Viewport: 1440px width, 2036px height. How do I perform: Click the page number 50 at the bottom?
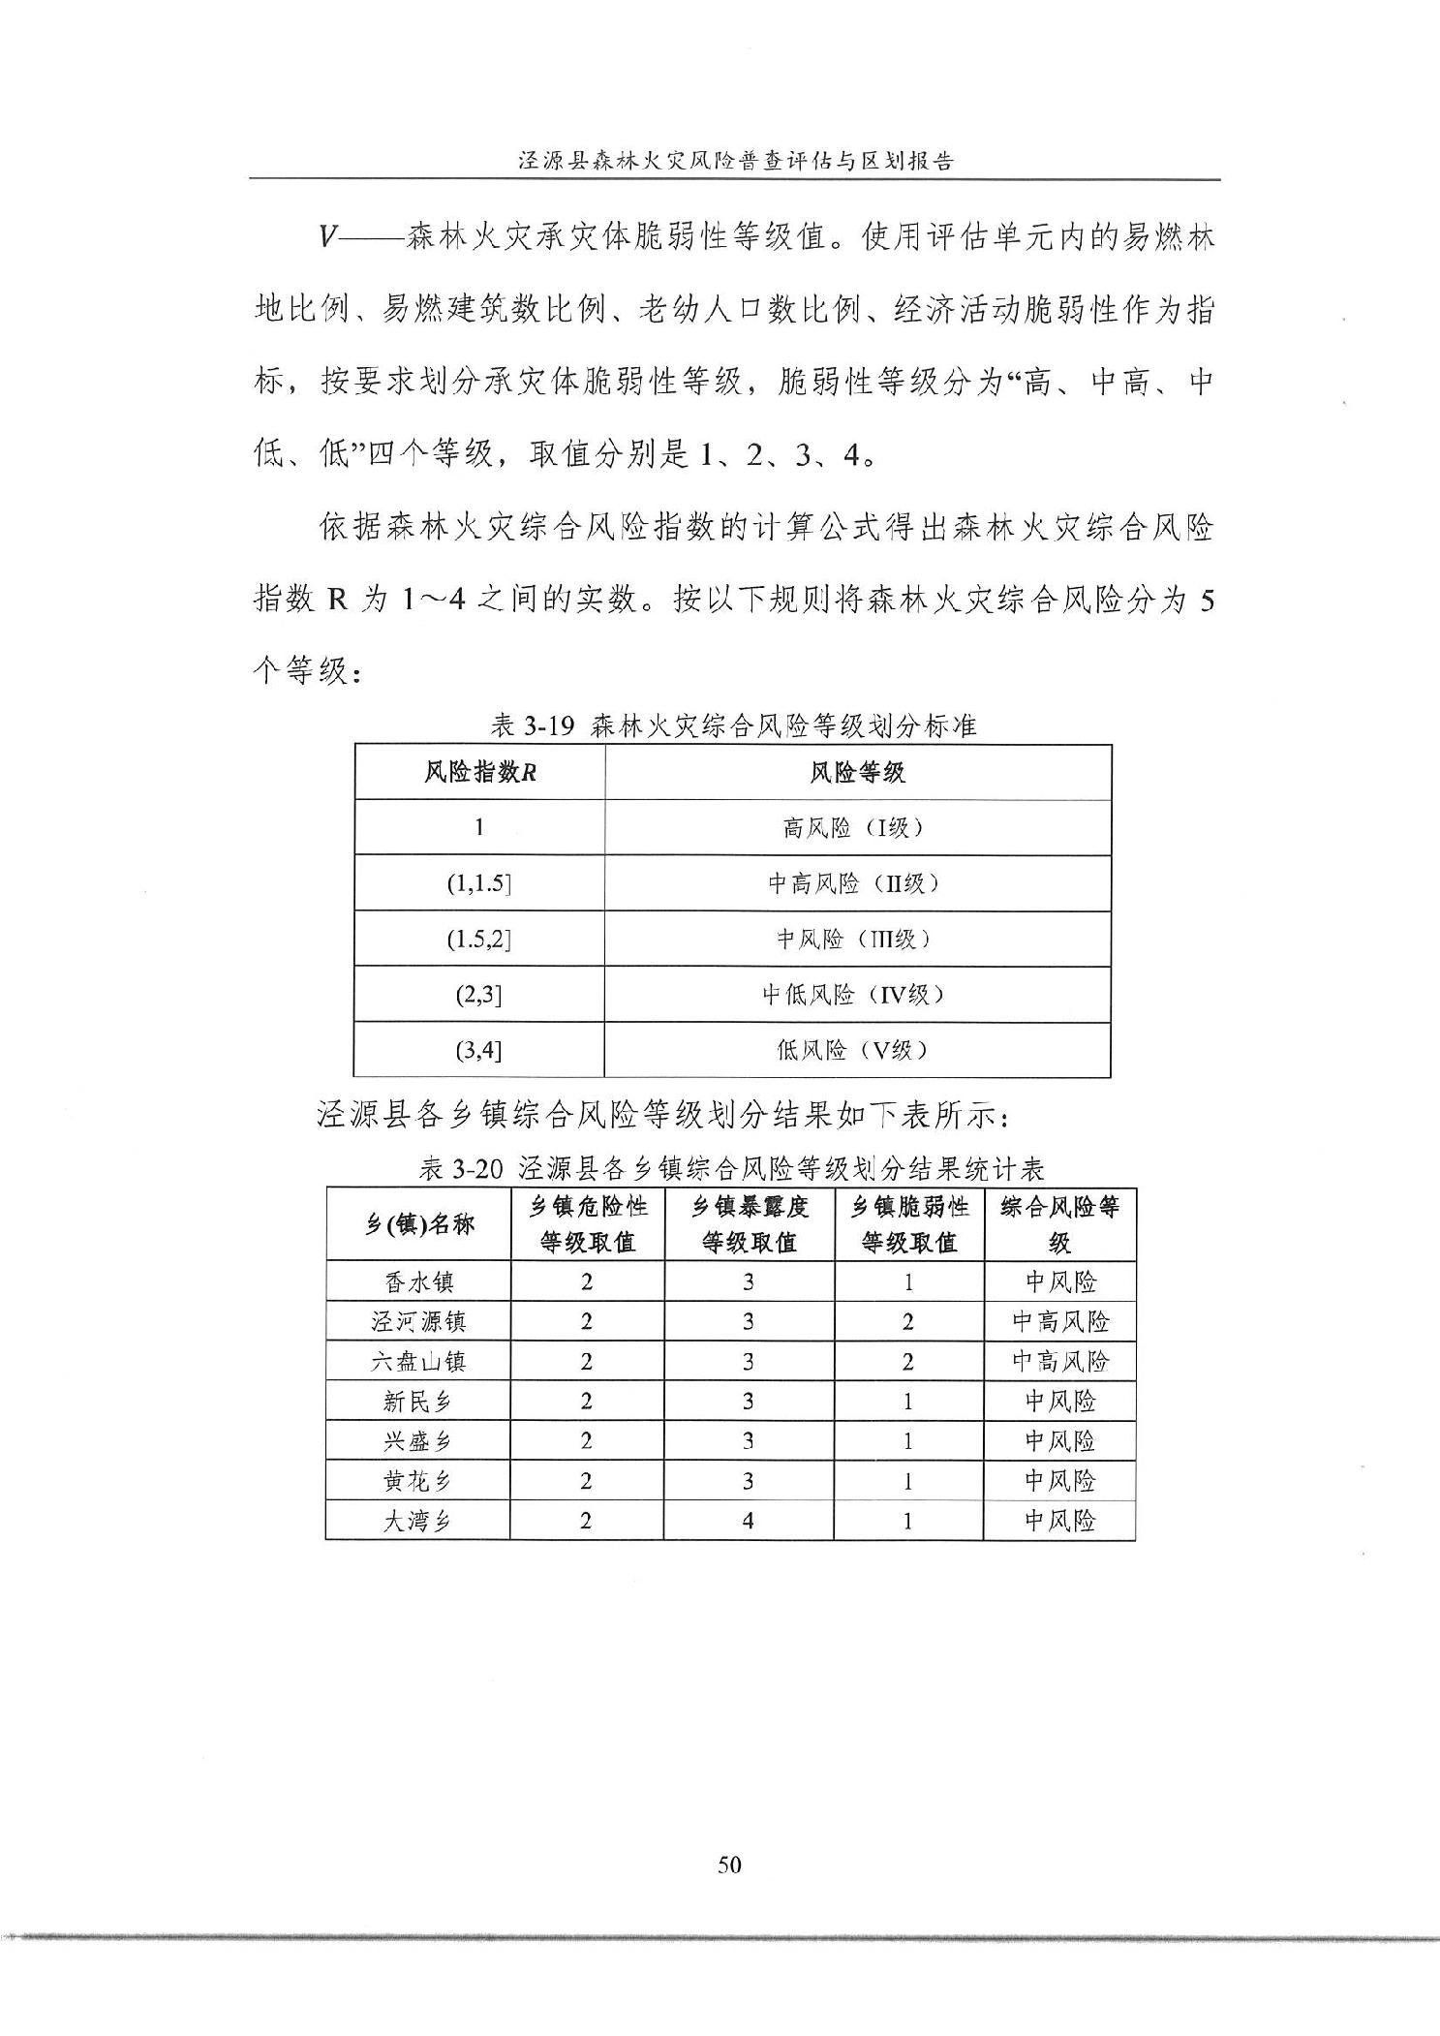(729, 1865)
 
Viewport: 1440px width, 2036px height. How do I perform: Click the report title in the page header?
(735, 161)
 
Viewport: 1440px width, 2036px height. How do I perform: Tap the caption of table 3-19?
(733, 725)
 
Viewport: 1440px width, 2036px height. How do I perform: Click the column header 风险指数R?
(480, 772)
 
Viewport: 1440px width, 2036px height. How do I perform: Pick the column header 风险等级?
(857, 772)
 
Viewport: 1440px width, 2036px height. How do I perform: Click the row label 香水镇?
(418, 1281)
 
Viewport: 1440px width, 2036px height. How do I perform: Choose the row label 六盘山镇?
(418, 1361)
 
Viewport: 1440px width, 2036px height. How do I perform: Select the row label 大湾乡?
(418, 1521)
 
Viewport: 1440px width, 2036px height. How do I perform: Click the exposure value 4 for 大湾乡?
(748, 1521)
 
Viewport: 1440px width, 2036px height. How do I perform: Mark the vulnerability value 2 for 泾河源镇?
(908, 1321)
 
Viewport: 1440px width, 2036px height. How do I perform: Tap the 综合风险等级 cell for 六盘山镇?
(1059, 1361)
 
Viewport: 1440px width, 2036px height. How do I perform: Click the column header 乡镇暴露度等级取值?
(749, 1224)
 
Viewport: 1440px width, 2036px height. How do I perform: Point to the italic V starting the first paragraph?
(328, 237)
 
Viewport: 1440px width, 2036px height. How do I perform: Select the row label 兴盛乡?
(418, 1441)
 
